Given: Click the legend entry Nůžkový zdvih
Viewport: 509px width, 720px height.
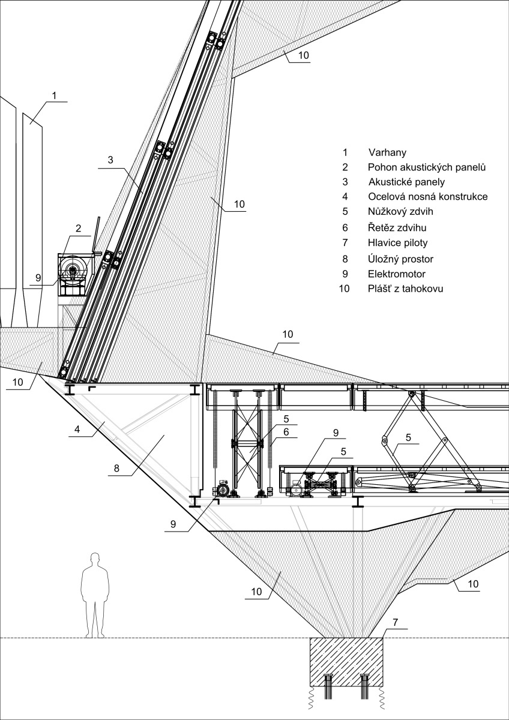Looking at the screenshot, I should (401, 211).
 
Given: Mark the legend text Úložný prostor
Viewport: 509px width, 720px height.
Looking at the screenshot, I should (400, 259).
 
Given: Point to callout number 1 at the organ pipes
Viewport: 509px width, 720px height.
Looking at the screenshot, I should (54, 95).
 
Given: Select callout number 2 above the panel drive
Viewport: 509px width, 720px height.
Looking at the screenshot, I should (78, 228).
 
